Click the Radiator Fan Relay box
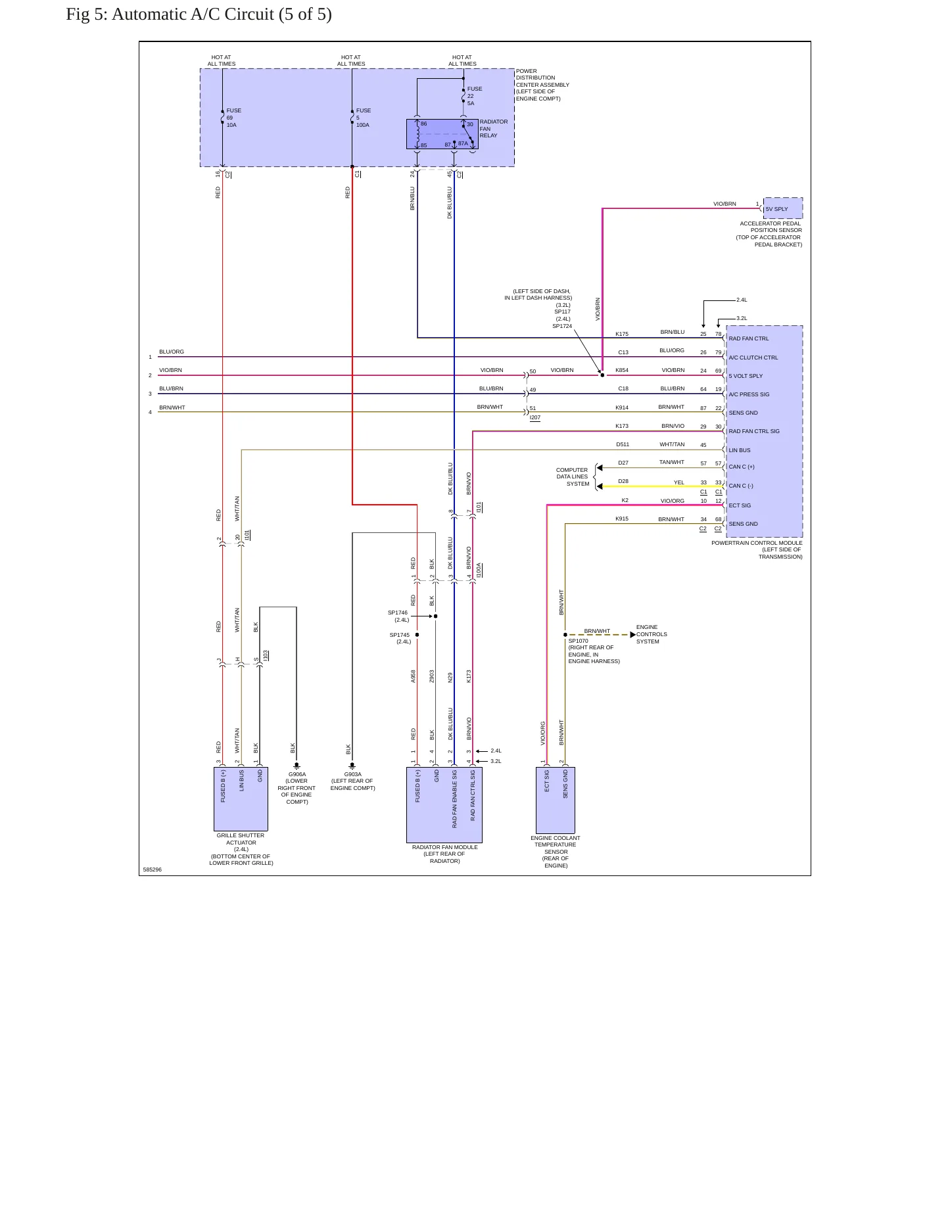pyautogui.click(x=442, y=134)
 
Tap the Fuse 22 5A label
pyautogui.click(x=474, y=96)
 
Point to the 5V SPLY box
pyautogui.click(x=783, y=208)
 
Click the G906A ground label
pyautogui.click(x=297, y=788)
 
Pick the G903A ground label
pyautogui.click(x=352, y=781)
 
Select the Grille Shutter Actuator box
pyautogui.click(x=241, y=799)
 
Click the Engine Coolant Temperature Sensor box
pyautogui.click(x=556, y=800)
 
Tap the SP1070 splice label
pyautogui.click(x=578, y=641)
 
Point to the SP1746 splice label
pyautogui.click(x=398, y=613)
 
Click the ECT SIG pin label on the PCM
pyautogui.click(x=740, y=505)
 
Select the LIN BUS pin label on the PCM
pyautogui.click(x=740, y=450)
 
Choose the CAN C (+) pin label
pyautogui.click(x=742, y=467)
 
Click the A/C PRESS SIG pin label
pyautogui.click(x=749, y=394)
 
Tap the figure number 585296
pyautogui.click(x=152, y=870)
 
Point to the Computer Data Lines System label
pyautogui.click(x=573, y=477)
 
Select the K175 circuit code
pyautogui.click(x=622, y=334)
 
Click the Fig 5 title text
pyautogui.click(x=199, y=14)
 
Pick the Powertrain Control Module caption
pyautogui.click(x=757, y=550)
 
